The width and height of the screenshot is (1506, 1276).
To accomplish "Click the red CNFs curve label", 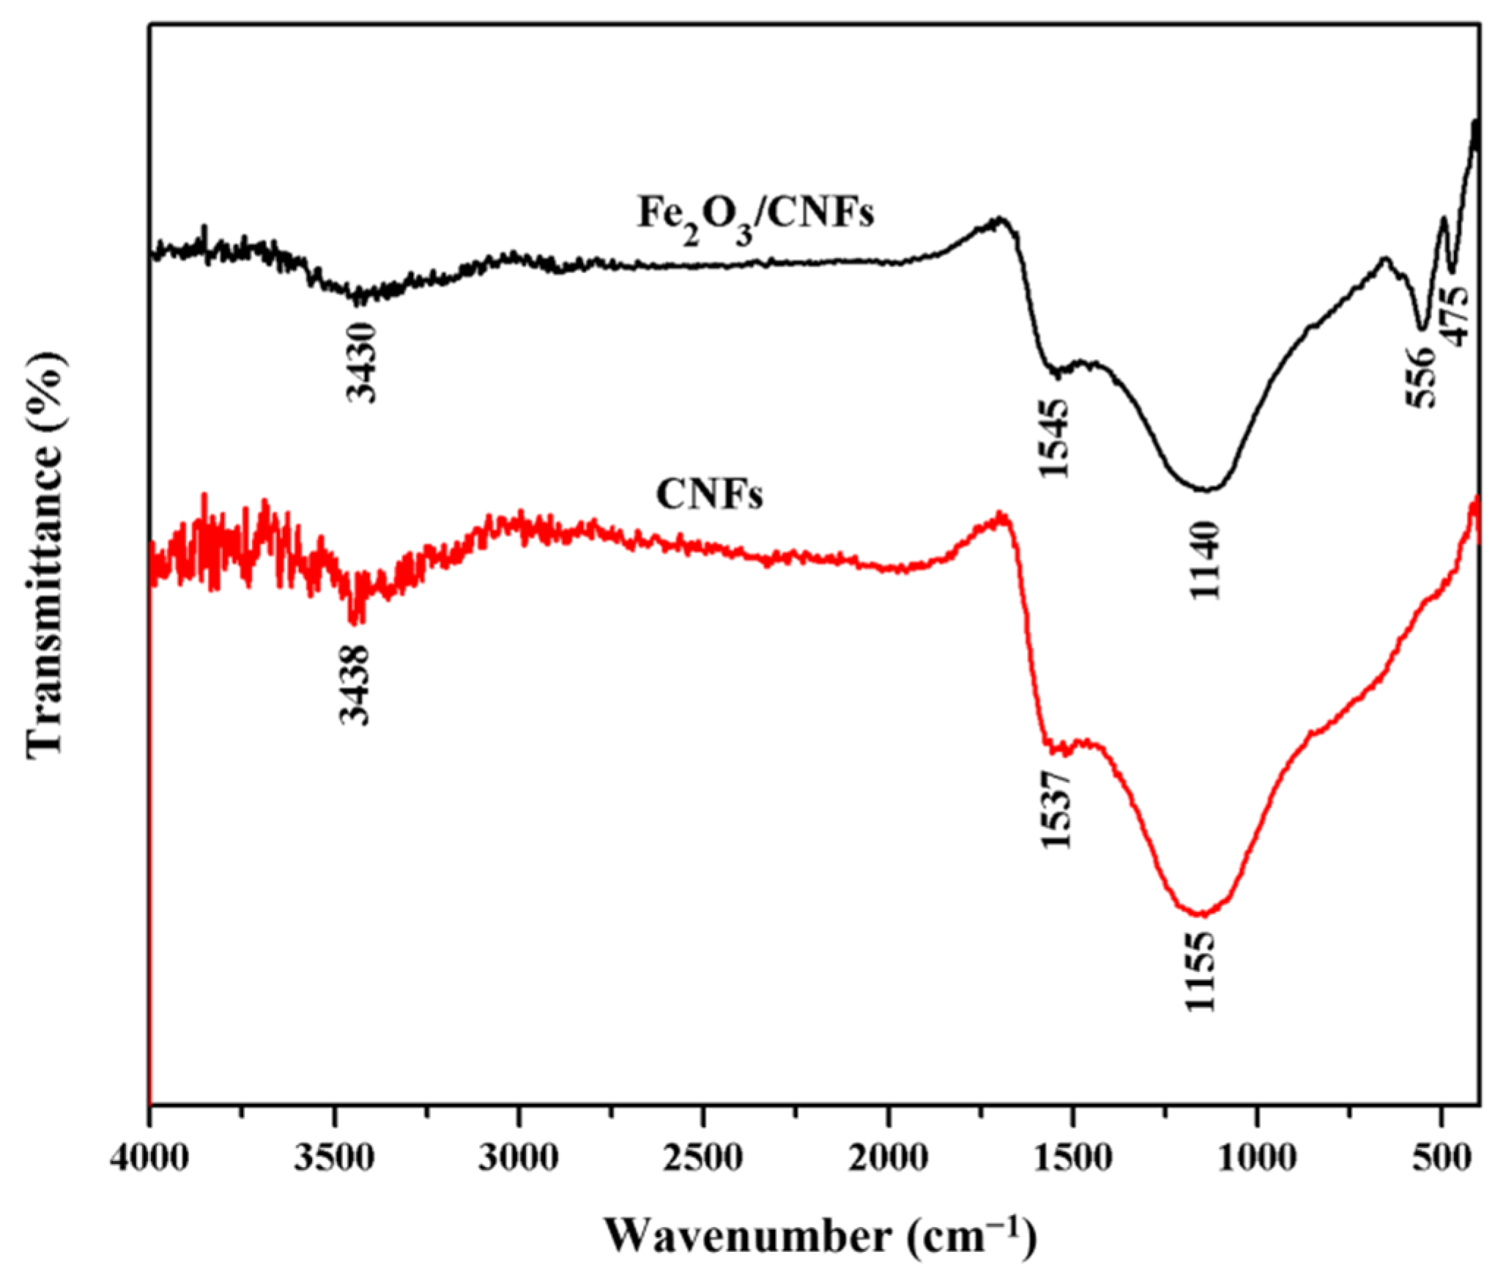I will click(708, 496).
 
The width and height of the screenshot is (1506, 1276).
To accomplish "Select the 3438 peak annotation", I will click(356, 684).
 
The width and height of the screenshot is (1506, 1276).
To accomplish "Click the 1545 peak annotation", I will click(1056, 438).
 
